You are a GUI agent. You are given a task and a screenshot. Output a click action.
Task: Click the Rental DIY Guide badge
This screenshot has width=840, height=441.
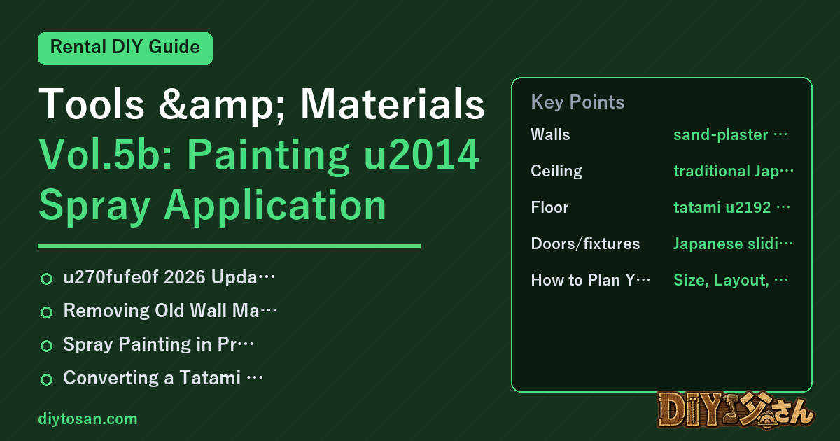pos(125,48)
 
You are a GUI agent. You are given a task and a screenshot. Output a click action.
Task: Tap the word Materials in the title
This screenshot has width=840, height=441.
pos(393,104)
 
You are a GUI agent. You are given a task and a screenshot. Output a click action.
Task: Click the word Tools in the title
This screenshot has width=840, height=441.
pos(92,104)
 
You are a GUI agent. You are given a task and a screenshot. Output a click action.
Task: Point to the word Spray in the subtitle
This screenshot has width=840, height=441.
pos(95,206)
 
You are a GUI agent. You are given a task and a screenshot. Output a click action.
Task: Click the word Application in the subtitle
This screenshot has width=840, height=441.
pos(275,206)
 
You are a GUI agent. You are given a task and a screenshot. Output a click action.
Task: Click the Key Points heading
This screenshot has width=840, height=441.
pos(577,102)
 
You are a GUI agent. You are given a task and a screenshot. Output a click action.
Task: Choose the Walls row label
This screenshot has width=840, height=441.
pos(550,134)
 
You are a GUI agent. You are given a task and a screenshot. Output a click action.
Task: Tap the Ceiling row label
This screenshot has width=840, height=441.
pos(556,171)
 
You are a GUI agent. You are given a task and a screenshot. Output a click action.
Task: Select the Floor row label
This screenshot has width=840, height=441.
pos(549,207)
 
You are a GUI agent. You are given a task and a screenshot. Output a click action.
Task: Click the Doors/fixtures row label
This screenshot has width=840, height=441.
pos(585,244)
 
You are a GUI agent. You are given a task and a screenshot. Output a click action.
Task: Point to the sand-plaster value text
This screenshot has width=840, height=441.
pos(730,134)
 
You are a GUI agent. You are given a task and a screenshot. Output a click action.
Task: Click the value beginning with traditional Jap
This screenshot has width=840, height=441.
pos(734,171)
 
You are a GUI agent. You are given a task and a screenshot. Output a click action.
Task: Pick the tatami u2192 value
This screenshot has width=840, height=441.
pos(731,207)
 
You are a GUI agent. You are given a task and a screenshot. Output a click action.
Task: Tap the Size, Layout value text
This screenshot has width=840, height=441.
pos(731,280)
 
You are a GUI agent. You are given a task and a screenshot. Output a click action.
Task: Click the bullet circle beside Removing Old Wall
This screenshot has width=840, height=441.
pos(46,312)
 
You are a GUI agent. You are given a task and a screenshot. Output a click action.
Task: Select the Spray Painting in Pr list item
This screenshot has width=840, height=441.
pos(159,344)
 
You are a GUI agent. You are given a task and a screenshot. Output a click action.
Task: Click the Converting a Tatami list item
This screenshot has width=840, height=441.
pos(163,377)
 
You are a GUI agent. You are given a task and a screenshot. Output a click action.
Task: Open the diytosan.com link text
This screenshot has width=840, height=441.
pos(87,419)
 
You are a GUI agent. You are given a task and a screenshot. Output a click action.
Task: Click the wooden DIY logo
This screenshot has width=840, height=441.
pos(736,410)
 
